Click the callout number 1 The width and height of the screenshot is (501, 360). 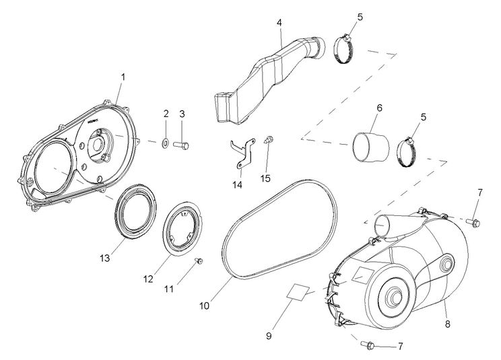(123, 77)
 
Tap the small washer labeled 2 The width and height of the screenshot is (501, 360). (166, 143)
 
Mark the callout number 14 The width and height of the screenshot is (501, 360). (236, 183)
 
